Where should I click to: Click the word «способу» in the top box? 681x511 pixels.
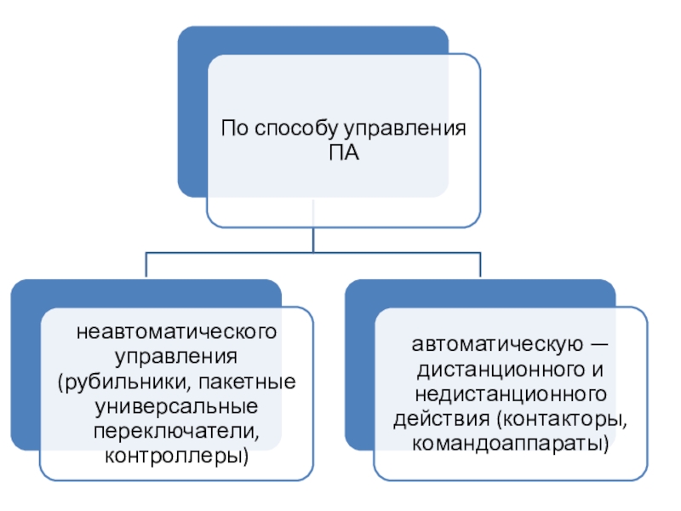pyautogui.click(x=294, y=131)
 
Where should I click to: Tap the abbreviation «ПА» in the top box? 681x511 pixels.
pyautogui.click(x=344, y=154)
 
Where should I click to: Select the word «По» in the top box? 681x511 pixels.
pyautogui.click(x=234, y=131)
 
